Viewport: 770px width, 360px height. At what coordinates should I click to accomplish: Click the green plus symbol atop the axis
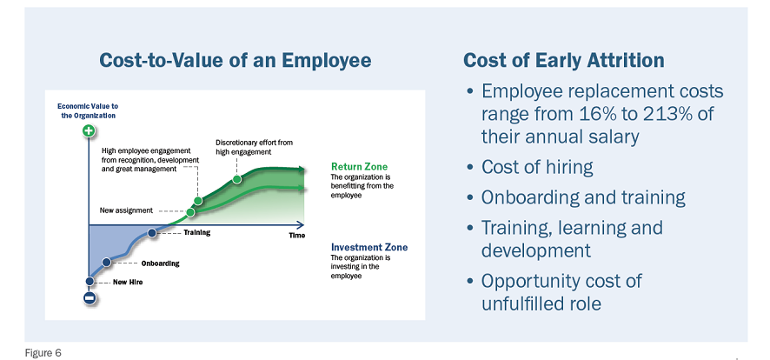coord(89,131)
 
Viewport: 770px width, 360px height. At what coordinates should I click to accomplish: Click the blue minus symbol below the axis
coord(90,297)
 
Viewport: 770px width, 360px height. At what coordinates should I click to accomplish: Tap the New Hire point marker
coord(90,282)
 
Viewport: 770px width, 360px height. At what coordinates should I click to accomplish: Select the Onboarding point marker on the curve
coord(106,263)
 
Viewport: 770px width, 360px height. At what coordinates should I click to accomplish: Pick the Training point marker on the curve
coord(152,233)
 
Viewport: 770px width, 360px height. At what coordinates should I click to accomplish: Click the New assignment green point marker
coord(190,212)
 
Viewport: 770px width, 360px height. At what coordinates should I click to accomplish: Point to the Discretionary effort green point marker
coord(236,179)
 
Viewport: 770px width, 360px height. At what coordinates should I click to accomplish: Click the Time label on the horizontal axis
coord(296,236)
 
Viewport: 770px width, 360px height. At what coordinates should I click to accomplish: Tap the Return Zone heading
coord(359,166)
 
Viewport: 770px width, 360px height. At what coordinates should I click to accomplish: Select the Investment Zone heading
coord(369,247)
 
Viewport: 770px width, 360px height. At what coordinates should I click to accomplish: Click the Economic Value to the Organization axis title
coord(88,110)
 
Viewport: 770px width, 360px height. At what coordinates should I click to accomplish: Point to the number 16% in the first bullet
coord(591,114)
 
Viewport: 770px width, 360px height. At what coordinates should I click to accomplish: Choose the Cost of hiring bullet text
coord(537,167)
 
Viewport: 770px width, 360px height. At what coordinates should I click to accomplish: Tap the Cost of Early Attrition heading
coord(564,60)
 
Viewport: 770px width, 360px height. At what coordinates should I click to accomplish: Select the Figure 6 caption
coord(43,353)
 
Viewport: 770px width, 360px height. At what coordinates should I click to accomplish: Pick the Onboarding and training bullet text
coord(583,197)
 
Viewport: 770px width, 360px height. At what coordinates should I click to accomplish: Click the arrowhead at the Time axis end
coord(299,225)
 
